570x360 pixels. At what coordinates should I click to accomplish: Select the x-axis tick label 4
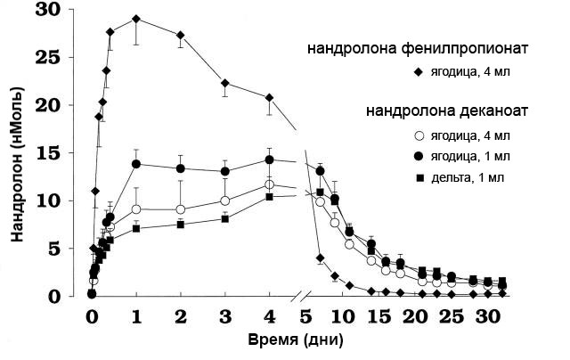coord(269,317)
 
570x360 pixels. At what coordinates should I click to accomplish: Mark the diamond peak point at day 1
coord(135,19)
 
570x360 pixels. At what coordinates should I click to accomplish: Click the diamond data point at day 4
coord(269,98)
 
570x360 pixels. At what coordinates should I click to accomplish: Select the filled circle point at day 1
coord(136,164)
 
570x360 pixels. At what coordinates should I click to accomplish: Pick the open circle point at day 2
coord(181,209)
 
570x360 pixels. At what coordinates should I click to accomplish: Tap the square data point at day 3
coord(225,218)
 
